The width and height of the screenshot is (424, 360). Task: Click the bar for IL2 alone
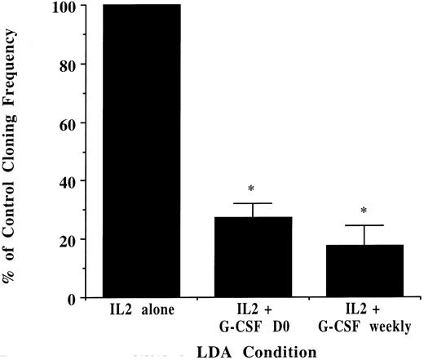pyautogui.click(x=140, y=151)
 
